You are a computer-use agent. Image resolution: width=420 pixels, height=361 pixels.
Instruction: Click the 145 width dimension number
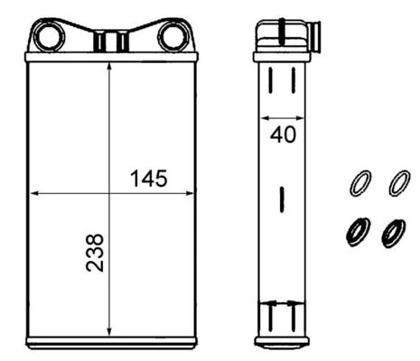(149, 178)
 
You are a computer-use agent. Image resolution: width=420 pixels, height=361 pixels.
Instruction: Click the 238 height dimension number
(96, 254)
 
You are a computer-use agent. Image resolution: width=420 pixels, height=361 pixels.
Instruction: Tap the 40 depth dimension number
(283, 137)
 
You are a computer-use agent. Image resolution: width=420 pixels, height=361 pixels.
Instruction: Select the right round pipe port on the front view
(172, 37)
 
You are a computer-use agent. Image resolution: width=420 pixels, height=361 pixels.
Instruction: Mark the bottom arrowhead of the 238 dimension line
(109, 330)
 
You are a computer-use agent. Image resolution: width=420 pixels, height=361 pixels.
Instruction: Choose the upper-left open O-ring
(359, 184)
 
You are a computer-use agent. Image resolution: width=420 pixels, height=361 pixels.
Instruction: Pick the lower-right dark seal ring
(394, 232)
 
